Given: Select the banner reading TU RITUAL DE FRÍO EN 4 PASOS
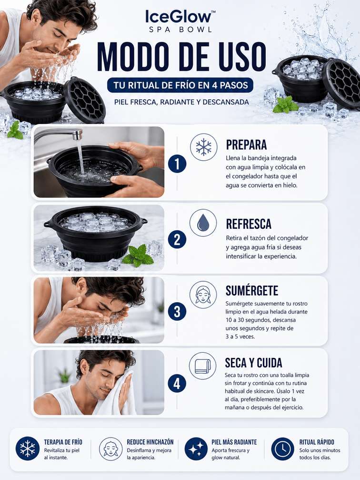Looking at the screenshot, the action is click(180, 85).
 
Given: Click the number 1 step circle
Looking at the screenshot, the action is click(177, 164).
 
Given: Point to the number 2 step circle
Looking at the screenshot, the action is click(177, 239).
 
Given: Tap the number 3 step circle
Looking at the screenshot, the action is click(177, 311).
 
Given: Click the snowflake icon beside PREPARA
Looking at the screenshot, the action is click(203, 147).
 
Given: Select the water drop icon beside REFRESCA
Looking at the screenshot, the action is click(203, 223).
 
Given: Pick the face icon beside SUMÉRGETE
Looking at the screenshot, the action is click(203, 295).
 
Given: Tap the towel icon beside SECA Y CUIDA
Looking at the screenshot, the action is click(202, 366).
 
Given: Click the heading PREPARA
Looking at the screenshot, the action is click(246, 145).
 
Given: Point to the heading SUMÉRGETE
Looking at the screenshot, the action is click(252, 290).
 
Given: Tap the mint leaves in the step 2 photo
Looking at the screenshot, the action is click(138, 255).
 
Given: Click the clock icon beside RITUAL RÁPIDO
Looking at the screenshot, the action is click(282, 449).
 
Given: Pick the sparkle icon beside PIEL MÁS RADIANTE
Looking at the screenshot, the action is click(196, 449).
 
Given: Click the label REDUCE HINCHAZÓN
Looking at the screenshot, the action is click(150, 442).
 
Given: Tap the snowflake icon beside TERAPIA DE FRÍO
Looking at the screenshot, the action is click(28, 449).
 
